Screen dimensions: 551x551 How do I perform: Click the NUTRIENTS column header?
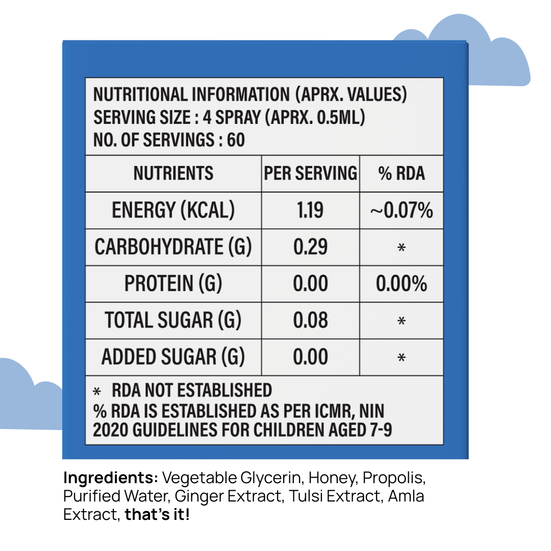pyautogui.click(x=173, y=173)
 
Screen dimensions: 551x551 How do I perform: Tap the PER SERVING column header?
pyautogui.click(x=310, y=173)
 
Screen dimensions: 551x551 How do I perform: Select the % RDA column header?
pyautogui.click(x=402, y=173)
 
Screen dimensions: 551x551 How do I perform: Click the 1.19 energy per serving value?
pyautogui.click(x=310, y=210)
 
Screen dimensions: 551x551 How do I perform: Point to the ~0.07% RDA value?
pyautogui.click(x=402, y=210)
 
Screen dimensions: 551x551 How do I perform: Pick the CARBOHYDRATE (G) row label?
pyautogui.click(x=173, y=247)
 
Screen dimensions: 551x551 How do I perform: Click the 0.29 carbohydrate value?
pyautogui.click(x=310, y=247)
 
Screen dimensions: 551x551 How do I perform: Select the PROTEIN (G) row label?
pyautogui.click(x=173, y=284)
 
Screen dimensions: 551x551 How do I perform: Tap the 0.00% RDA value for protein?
pyautogui.click(x=402, y=284)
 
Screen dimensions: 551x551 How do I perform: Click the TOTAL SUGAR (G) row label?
pyautogui.click(x=173, y=320)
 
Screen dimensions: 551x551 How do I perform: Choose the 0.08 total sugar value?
pyautogui.click(x=310, y=320)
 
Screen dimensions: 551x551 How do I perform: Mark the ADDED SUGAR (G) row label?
pyautogui.click(x=173, y=357)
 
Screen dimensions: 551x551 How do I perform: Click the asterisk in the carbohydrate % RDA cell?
pyautogui.click(x=402, y=248)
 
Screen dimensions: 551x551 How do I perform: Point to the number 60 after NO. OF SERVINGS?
pyautogui.click(x=235, y=140)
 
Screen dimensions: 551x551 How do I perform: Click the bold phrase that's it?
pyautogui.click(x=157, y=514)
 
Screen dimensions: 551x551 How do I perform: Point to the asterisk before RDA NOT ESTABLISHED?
pyautogui.click(x=97, y=392)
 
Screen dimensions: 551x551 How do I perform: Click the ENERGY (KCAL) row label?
pyautogui.click(x=173, y=210)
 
